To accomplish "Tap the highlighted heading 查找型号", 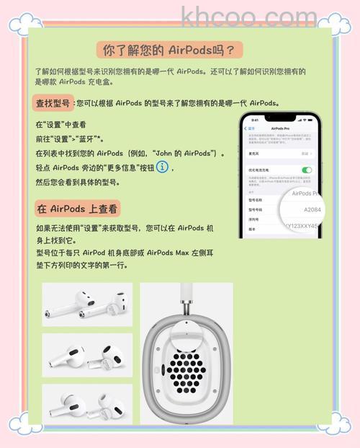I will (x=53, y=103).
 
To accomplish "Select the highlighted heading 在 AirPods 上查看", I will (x=77, y=208).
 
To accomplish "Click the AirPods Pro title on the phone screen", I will (x=281, y=128).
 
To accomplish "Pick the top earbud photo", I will (x=87, y=304).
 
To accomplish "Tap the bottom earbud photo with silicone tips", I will (x=87, y=405).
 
